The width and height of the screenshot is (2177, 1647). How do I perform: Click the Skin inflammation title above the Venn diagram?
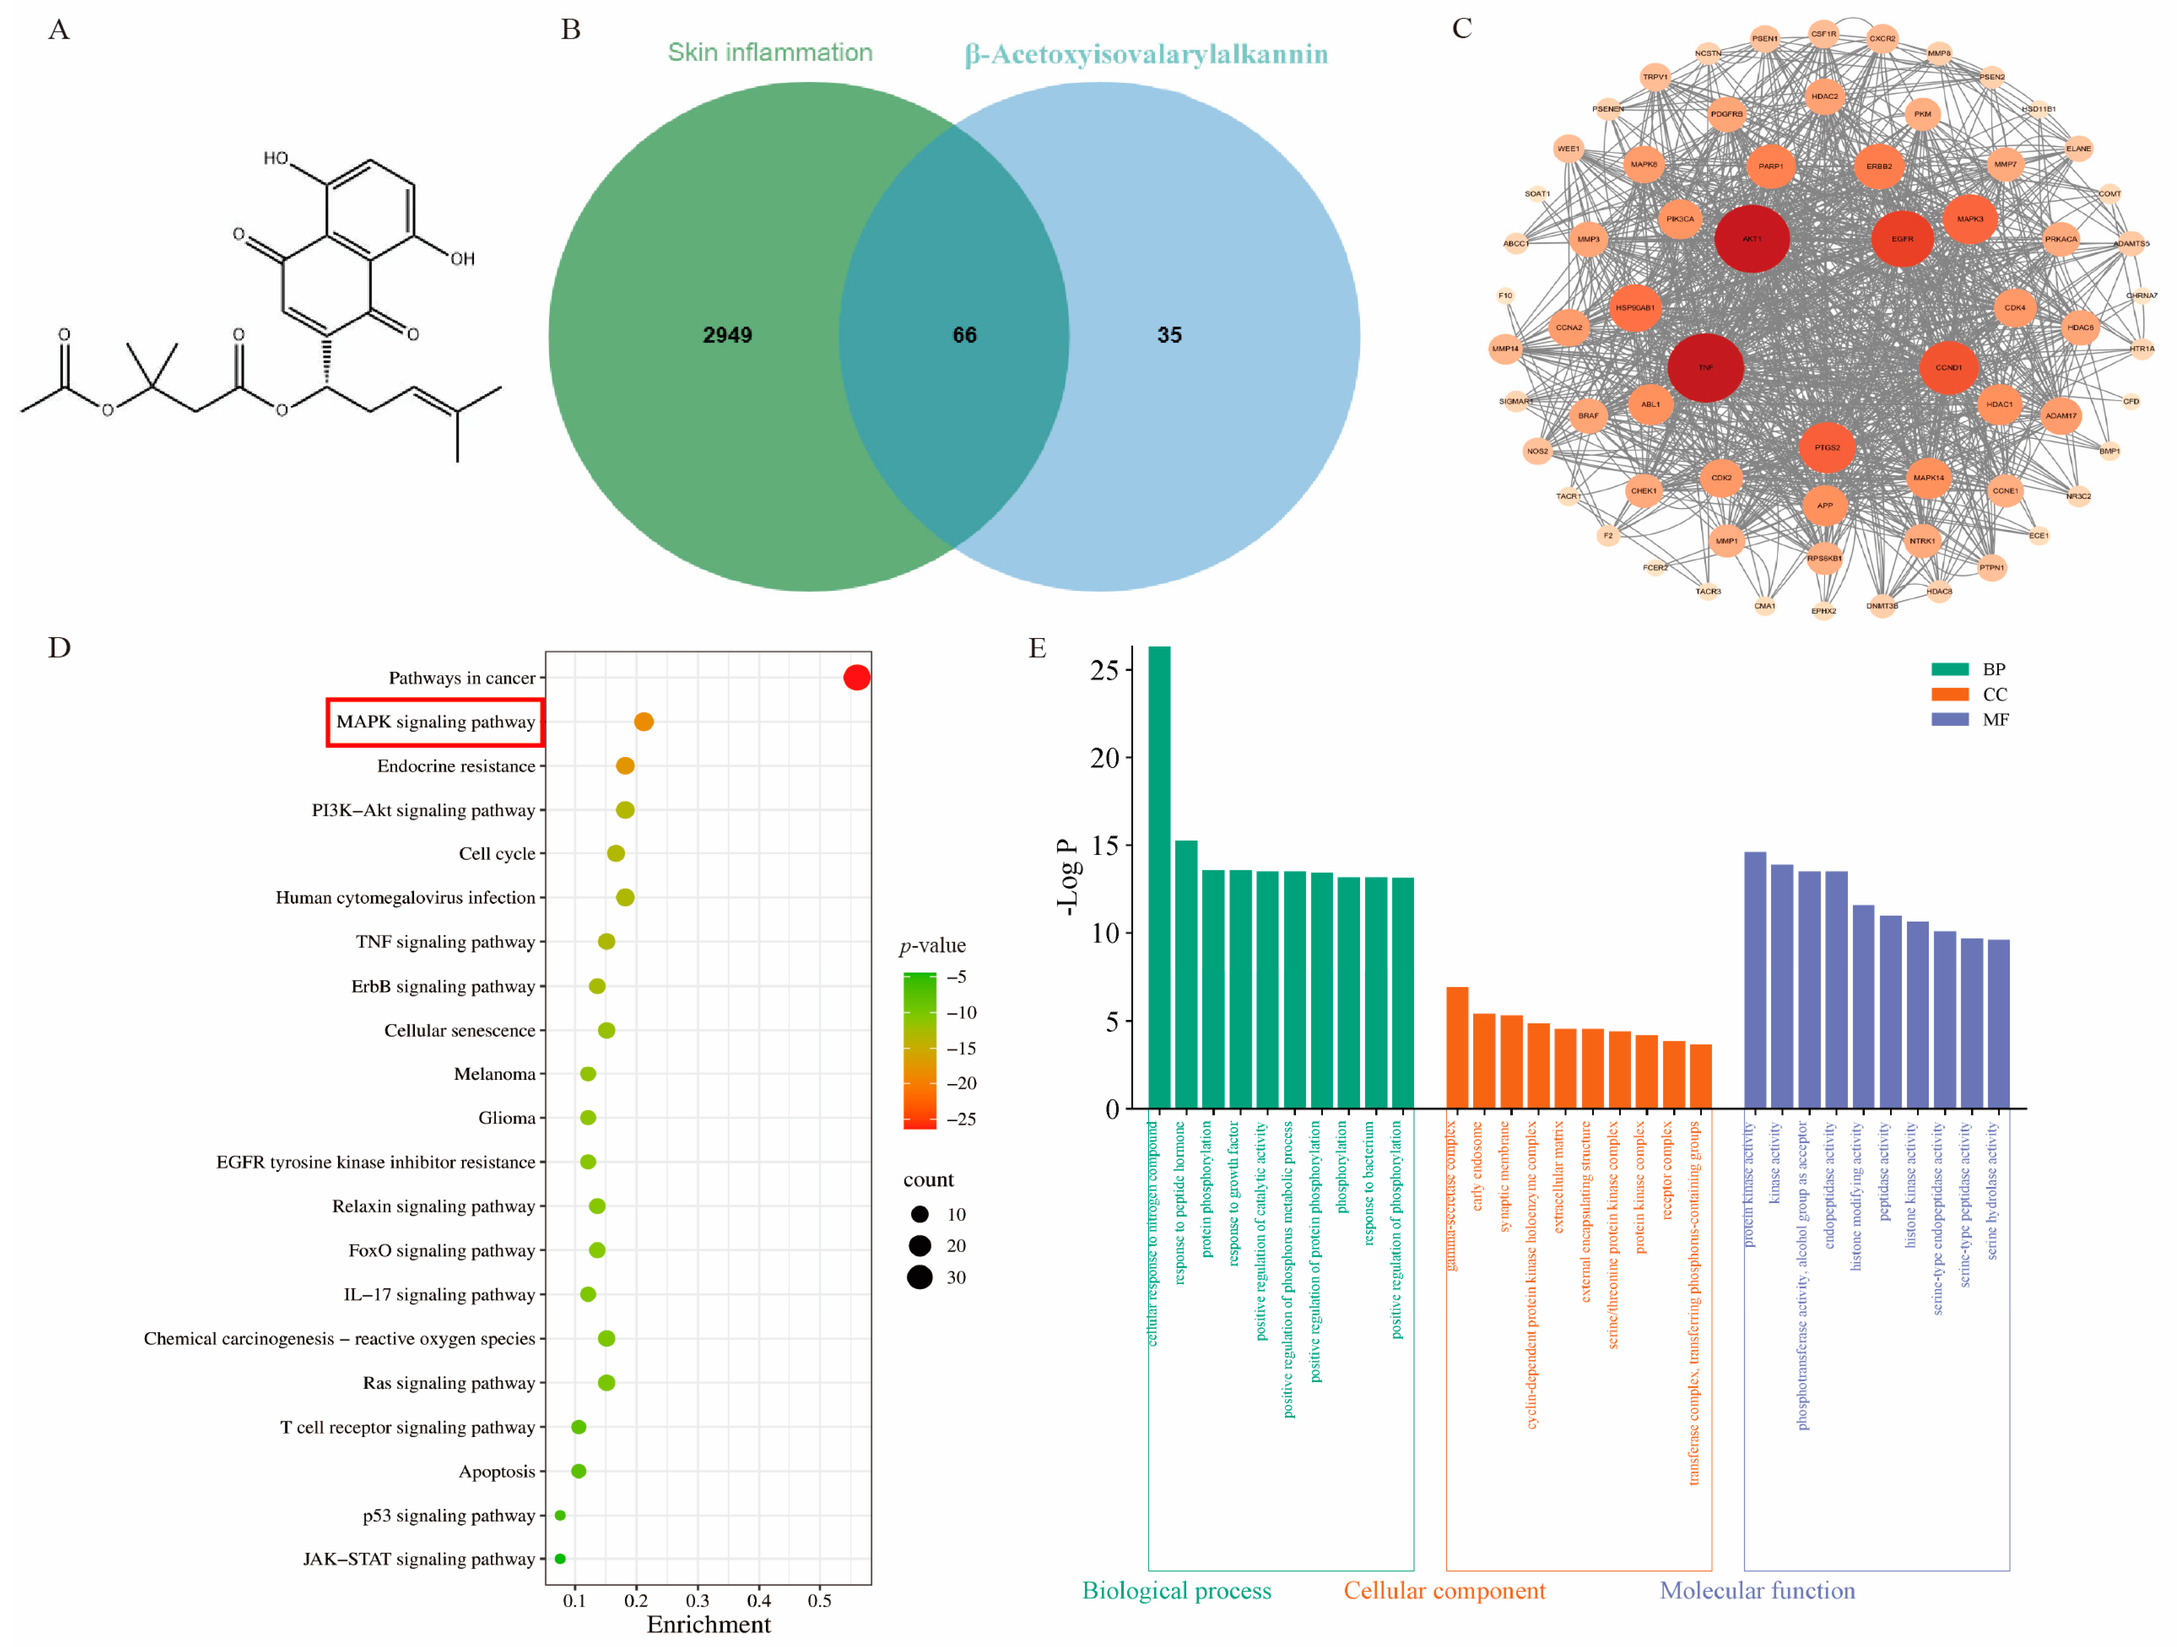tap(770, 52)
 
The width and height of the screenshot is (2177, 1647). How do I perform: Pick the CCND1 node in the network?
tap(1949, 367)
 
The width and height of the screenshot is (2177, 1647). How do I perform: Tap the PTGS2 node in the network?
tap(1827, 448)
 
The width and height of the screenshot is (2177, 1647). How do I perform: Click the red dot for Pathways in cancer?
tap(856, 677)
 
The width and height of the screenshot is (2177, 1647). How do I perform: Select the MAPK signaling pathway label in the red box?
tap(435, 721)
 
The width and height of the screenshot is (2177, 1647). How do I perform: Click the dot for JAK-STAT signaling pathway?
tap(560, 1559)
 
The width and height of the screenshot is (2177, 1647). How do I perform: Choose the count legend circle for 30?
tap(919, 1277)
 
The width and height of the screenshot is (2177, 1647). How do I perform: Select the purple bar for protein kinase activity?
tap(1755, 980)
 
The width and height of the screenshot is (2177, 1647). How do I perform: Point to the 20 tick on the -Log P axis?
tap(1105, 758)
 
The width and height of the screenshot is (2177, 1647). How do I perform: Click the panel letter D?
tap(59, 648)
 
